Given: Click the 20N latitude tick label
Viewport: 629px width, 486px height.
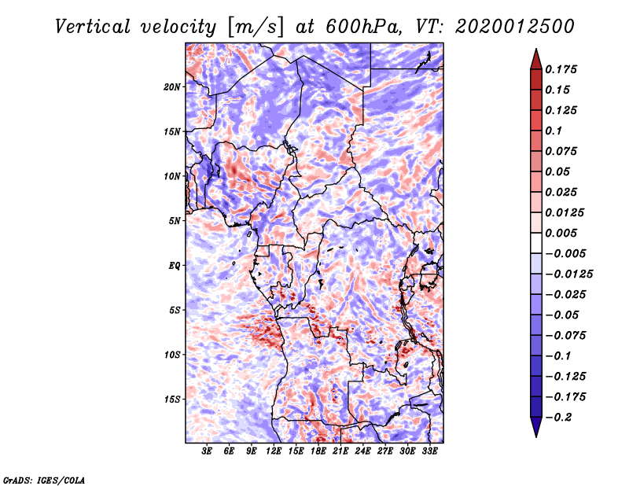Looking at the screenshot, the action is click(x=172, y=87).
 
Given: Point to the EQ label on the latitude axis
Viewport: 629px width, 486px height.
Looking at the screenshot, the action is click(x=174, y=266).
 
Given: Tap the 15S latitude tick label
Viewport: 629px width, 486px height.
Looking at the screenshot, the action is click(x=172, y=399).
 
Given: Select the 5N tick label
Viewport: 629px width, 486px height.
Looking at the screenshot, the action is click(x=175, y=221).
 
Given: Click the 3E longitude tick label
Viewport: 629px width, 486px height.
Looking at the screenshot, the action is click(x=207, y=451).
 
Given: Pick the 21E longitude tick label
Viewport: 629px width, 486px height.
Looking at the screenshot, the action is click(x=340, y=451).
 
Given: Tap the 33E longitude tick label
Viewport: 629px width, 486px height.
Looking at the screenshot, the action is click(x=429, y=451).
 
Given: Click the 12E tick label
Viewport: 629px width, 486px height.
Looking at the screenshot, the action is click(x=273, y=451).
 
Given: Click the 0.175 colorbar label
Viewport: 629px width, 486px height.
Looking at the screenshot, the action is click(x=561, y=69).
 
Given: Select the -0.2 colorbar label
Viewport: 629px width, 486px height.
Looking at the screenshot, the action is click(x=558, y=418).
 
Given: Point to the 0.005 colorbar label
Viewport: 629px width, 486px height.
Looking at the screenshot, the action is click(x=561, y=233).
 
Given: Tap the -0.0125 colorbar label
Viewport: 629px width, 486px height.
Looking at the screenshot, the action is click(x=568, y=274).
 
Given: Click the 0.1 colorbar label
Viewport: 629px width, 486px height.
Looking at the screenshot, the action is click(x=554, y=131).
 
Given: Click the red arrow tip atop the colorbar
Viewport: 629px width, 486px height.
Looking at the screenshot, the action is click(x=536, y=49).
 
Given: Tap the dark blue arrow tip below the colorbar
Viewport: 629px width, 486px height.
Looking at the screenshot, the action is click(x=536, y=436).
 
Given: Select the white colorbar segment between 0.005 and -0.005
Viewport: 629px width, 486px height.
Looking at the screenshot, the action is click(x=536, y=243).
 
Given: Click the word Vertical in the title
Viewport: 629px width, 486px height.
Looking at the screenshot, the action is click(x=93, y=27).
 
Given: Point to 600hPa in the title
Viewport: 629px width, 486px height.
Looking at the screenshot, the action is click(x=363, y=27).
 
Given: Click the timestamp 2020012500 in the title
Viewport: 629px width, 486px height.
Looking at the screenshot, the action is click(x=515, y=27).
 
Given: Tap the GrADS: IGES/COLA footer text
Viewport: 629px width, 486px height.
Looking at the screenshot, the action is click(x=44, y=480).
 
